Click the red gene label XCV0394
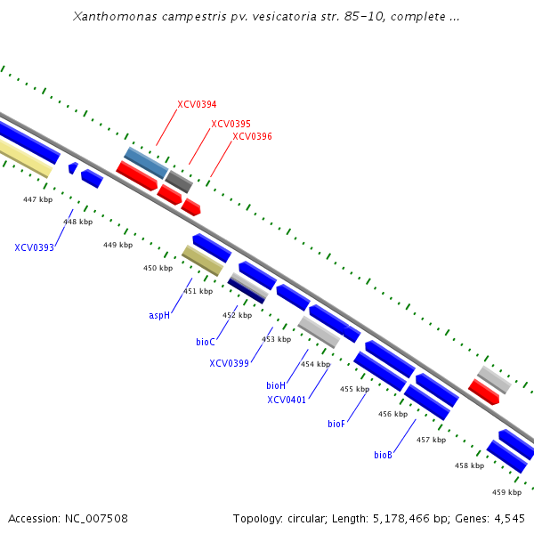[197, 104]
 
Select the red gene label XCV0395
[231, 124]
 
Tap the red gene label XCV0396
[252, 136]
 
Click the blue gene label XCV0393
[34, 247]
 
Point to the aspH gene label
[159, 315]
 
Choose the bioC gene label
[206, 341]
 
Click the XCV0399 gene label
[230, 363]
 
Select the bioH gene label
[276, 385]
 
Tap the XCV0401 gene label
[287, 400]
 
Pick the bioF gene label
[336, 424]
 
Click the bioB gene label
[383, 455]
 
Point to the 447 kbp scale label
[37, 199]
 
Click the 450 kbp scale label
[158, 268]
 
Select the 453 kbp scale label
[276, 339]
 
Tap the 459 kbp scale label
[506, 492]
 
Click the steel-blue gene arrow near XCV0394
[146, 162]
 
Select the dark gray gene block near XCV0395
[179, 182]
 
